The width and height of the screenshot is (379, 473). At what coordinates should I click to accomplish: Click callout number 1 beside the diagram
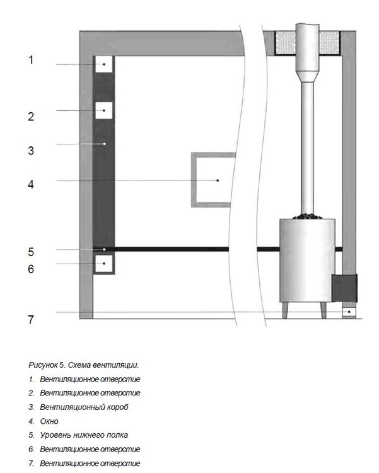tap(31, 60)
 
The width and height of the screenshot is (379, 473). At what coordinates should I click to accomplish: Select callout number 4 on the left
tap(31, 184)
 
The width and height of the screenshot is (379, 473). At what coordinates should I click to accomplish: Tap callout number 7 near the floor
tap(31, 320)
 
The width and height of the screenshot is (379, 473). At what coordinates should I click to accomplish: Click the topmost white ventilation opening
tap(104, 64)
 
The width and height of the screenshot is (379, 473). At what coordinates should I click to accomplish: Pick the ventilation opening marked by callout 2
tap(104, 110)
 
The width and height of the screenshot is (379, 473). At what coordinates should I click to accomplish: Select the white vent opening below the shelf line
tap(104, 264)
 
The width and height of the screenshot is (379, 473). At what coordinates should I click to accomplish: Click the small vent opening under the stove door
tap(349, 312)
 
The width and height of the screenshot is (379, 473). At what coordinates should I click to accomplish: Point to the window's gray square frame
tap(193, 180)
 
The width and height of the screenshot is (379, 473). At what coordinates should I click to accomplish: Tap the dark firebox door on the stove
tap(344, 288)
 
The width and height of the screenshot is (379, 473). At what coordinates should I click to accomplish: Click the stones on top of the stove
tap(307, 216)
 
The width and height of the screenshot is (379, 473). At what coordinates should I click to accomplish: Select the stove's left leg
tap(285, 310)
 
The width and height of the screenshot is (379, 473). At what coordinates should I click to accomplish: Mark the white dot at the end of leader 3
tap(105, 144)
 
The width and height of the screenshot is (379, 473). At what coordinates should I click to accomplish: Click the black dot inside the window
tap(218, 180)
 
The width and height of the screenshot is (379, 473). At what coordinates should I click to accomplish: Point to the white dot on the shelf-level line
tap(104, 250)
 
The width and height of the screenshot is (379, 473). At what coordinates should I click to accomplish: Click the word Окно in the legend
tap(49, 421)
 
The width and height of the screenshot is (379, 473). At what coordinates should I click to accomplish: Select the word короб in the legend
tap(118, 407)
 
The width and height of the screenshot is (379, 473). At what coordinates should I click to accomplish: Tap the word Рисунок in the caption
tap(43, 365)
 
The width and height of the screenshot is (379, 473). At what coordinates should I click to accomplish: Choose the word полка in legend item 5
tap(119, 435)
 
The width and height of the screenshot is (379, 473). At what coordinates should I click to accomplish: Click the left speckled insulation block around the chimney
tap(285, 43)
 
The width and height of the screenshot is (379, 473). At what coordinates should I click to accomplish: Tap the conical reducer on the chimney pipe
tap(307, 76)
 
